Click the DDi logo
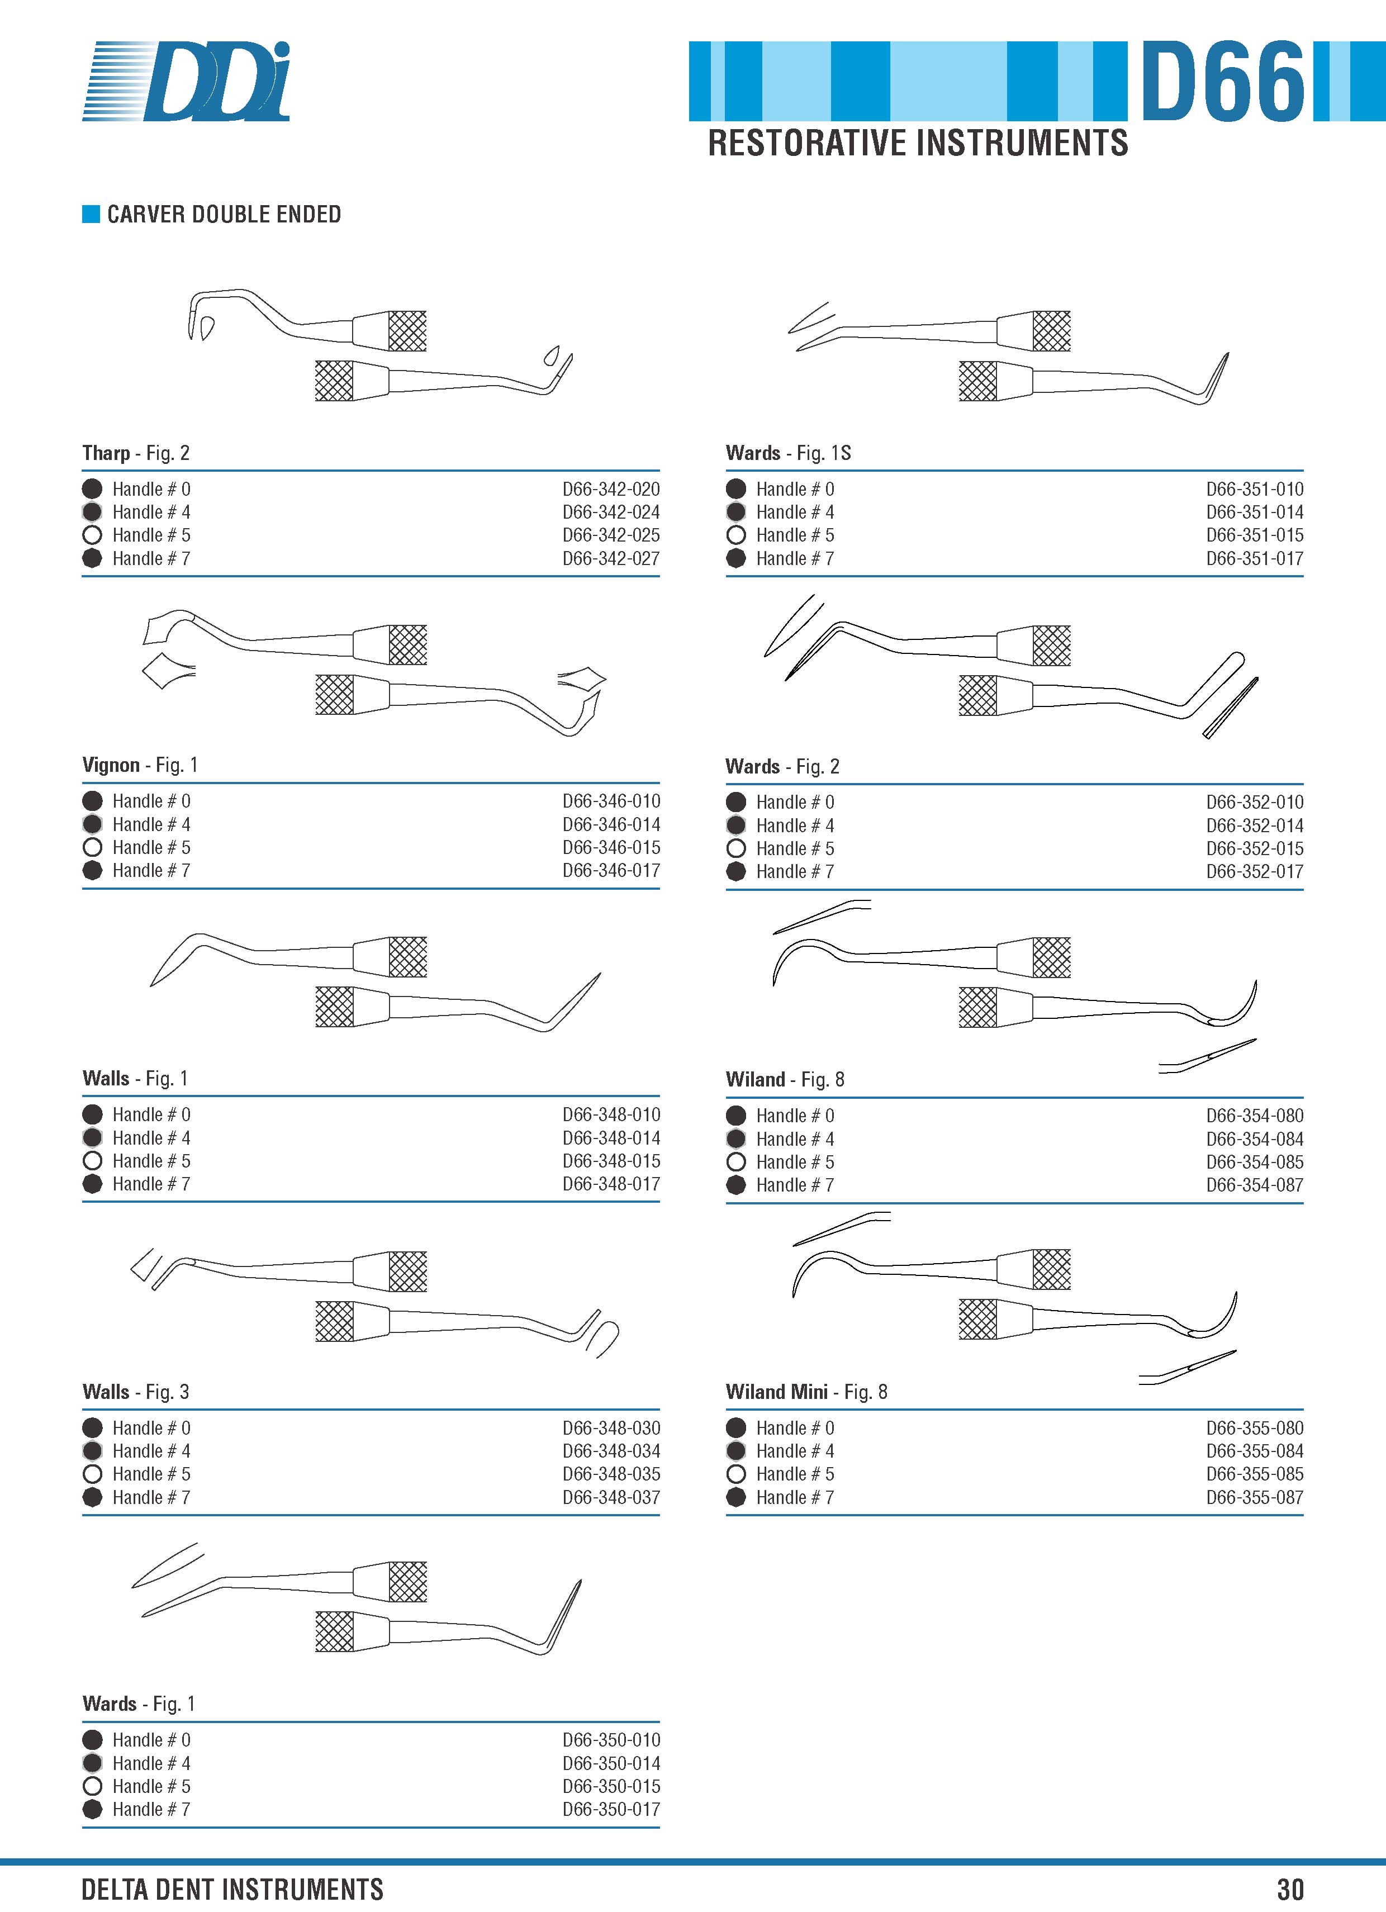pyautogui.click(x=186, y=81)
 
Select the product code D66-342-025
pyautogui.click(x=611, y=535)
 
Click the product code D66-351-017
pyautogui.click(x=1255, y=558)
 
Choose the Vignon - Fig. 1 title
pyautogui.click(x=140, y=766)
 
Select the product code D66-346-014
pyautogui.click(x=611, y=824)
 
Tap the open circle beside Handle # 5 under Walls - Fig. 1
pyautogui.click(x=93, y=1161)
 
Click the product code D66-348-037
pyautogui.click(x=611, y=1497)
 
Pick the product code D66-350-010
pyautogui.click(x=611, y=1740)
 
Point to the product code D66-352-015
pyautogui.click(x=1255, y=849)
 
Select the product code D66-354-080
pyautogui.click(x=1255, y=1116)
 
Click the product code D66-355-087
pyautogui.click(x=1255, y=1497)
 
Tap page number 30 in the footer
pyautogui.click(x=1290, y=1889)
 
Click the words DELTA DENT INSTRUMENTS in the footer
pyautogui.click(x=232, y=1889)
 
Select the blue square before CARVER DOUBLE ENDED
pyautogui.click(x=91, y=214)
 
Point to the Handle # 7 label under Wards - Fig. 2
pyautogui.click(x=795, y=872)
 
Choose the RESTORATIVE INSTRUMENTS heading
pyautogui.click(x=918, y=143)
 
